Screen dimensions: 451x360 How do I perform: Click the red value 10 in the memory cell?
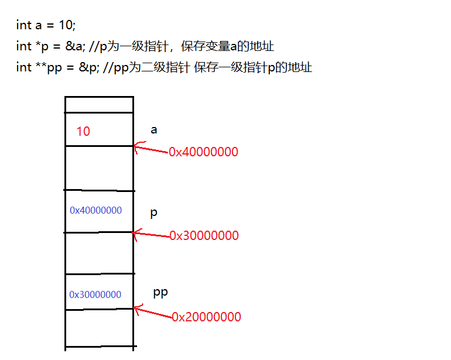pos(83,131)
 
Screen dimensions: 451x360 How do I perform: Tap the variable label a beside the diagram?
pos(154,130)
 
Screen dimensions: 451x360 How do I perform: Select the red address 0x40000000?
pos(203,152)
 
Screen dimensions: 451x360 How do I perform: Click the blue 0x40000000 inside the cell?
pos(96,210)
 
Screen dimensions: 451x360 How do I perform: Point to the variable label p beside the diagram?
pos(154,212)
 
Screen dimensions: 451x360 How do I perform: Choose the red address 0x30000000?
pos(204,236)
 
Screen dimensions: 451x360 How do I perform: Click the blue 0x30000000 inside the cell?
pos(95,294)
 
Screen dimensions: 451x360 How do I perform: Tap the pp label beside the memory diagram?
pos(160,292)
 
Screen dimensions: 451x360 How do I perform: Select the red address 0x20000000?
pos(206,317)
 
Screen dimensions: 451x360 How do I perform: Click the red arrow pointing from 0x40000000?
pos(151,149)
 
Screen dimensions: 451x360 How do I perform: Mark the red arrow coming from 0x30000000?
pos(151,234)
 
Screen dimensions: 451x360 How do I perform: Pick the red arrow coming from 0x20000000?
pos(152,312)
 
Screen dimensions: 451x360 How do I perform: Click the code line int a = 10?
pos(46,25)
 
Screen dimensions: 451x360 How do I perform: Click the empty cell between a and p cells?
pos(99,168)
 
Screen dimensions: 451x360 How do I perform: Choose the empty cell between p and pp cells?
pos(99,253)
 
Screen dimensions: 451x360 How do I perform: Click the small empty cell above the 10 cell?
pos(99,104)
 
